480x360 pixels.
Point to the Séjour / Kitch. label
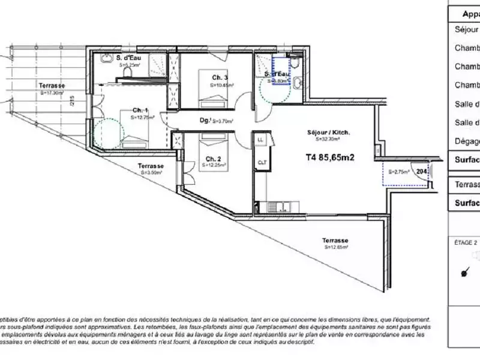click(x=328, y=132)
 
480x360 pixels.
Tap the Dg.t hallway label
click(x=205, y=120)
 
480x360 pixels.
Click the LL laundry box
click(x=260, y=140)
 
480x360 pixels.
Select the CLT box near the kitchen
click(x=262, y=162)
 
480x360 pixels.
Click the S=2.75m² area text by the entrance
click(x=398, y=172)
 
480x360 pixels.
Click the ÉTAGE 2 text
click(x=466, y=243)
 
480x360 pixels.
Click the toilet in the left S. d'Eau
click(x=127, y=71)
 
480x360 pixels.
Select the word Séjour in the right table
click(x=467, y=29)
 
